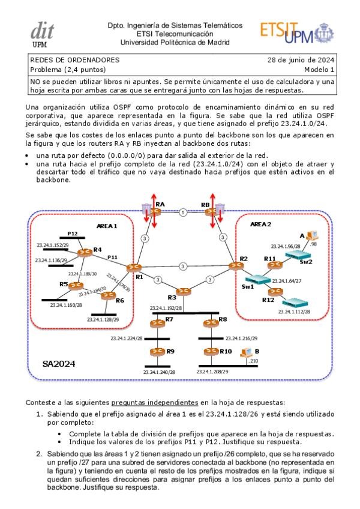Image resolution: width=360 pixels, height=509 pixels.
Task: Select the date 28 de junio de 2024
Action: point(301,60)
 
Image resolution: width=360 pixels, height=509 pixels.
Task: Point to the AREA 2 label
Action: point(260,223)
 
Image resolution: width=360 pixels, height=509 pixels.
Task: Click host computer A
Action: point(311,236)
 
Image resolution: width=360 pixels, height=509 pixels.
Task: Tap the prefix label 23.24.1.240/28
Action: point(159,372)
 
